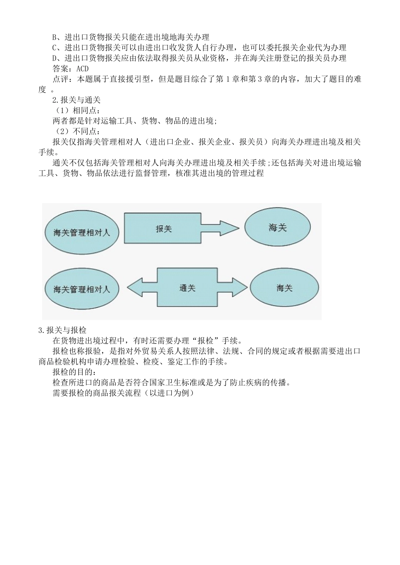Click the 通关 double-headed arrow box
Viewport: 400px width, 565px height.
point(187,288)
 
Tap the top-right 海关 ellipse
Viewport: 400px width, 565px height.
point(277,227)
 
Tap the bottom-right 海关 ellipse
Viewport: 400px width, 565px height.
point(284,288)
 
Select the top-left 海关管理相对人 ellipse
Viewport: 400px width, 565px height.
point(82,232)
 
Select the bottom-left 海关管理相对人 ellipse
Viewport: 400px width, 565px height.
point(82,289)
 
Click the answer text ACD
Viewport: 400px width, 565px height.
point(83,69)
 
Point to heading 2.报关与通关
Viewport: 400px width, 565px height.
point(76,100)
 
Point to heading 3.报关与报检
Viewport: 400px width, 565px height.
point(62,330)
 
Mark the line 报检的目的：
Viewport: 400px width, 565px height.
point(74,372)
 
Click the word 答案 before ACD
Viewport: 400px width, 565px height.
point(61,69)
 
